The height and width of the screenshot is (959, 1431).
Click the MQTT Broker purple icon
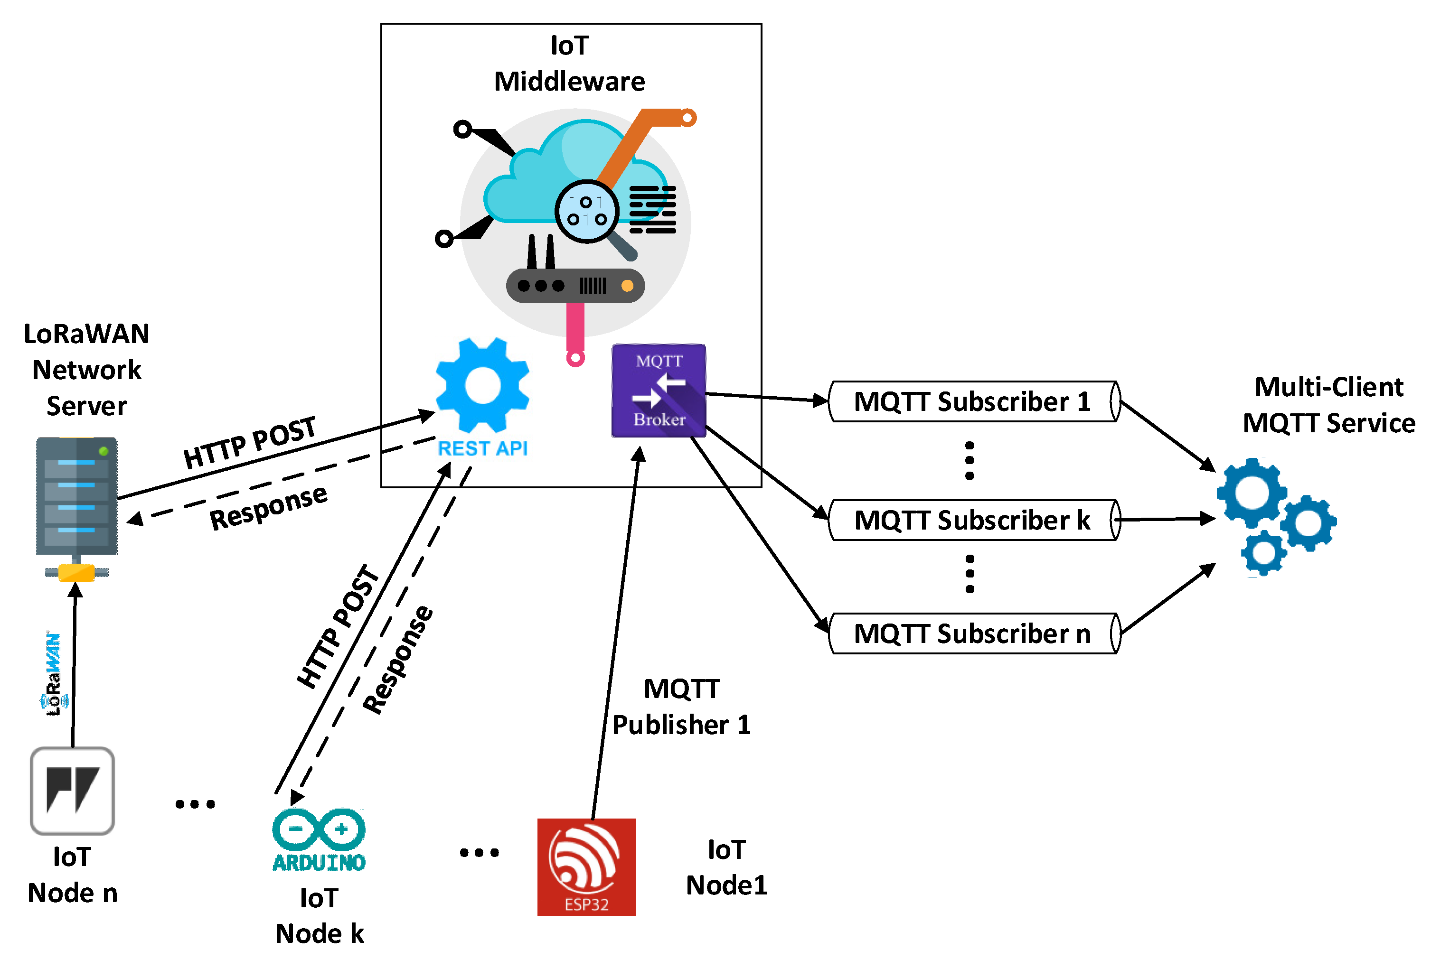(659, 390)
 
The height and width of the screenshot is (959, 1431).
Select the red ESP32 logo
(585, 866)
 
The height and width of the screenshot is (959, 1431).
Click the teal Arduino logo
(319, 838)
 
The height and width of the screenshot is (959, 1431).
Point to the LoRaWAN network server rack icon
(76, 497)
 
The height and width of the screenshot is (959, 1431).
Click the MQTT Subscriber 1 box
(973, 402)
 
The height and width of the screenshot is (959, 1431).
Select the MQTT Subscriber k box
(973, 520)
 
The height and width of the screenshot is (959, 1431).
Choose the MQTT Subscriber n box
(973, 633)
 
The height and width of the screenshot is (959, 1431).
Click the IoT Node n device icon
(72, 790)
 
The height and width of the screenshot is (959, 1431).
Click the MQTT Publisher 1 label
(681, 707)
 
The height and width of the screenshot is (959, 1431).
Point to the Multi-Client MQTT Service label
(1328, 405)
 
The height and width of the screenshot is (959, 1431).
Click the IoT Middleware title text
(569, 64)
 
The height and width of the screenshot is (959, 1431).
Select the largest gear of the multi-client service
(1251, 493)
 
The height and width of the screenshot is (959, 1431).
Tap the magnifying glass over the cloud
(588, 212)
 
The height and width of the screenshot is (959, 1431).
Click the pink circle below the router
(575, 358)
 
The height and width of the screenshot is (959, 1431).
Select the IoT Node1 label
(726, 867)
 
